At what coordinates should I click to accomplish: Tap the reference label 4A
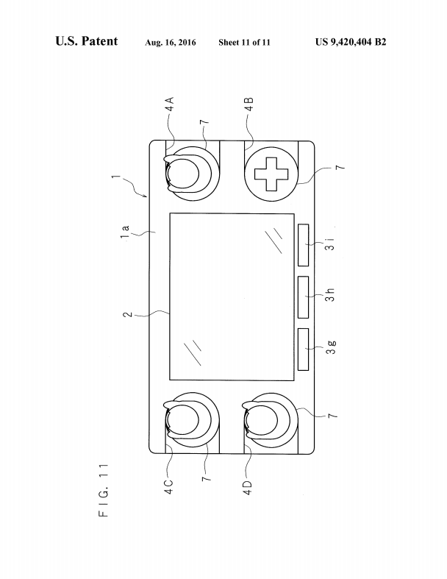click(169, 104)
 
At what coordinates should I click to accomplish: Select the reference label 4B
click(249, 104)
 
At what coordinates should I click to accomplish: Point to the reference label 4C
click(168, 486)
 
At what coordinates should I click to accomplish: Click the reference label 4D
click(248, 487)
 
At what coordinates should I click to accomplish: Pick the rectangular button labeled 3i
click(303, 245)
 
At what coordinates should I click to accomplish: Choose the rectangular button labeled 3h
click(303, 297)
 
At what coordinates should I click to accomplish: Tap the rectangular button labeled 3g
click(303, 349)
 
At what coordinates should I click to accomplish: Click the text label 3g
click(331, 347)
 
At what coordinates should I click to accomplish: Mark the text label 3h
click(330, 294)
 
